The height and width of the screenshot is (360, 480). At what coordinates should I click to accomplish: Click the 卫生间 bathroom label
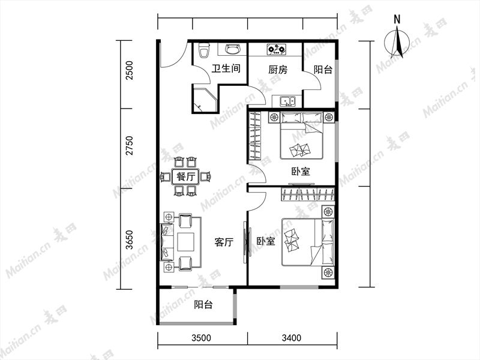pos(226,68)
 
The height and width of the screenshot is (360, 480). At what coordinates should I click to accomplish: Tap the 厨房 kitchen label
pos(278,70)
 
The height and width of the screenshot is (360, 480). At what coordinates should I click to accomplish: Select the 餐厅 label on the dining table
pos(185,176)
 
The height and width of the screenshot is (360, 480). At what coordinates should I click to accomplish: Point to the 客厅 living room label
pos(224,242)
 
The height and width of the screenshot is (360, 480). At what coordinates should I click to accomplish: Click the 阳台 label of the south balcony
pos(203,305)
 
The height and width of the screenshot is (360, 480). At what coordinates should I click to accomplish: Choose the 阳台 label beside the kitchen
pos(323,70)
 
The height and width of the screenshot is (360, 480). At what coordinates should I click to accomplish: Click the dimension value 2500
pos(130,70)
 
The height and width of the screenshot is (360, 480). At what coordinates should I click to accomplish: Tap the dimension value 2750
pos(130,145)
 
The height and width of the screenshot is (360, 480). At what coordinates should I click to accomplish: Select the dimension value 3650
pos(130,239)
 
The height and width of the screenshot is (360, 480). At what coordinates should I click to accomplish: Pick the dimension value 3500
pos(201,338)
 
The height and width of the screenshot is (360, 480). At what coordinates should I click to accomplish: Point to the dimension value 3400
pos(292,338)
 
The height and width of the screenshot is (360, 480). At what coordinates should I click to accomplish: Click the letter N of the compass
pos(397,19)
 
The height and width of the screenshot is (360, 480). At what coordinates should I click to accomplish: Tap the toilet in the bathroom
pos(203,50)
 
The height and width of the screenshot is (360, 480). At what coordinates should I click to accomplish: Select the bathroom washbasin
pos(232,49)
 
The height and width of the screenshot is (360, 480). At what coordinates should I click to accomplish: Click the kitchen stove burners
pos(277,49)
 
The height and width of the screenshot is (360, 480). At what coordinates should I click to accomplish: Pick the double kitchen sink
pos(287,101)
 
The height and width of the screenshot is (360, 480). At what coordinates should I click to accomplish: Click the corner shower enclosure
pos(205,100)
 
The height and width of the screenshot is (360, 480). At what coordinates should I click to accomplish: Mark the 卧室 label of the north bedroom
pos(301,171)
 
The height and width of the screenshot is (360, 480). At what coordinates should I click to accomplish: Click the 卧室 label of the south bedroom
pos(266,242)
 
